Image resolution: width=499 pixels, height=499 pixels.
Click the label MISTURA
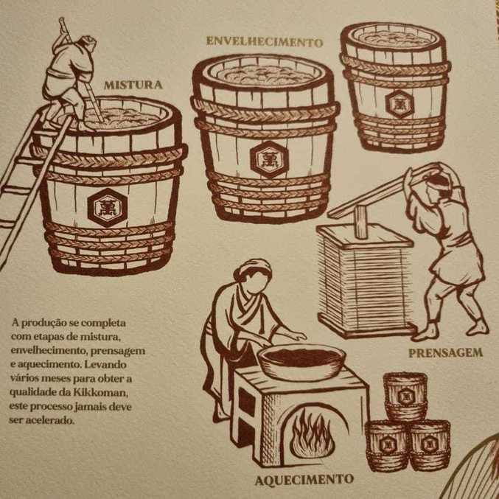coord(132,85)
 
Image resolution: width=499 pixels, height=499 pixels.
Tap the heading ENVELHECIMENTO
coord(264,42)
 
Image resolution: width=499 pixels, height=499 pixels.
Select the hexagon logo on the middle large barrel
coord(265,156)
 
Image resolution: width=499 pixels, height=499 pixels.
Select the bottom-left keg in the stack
coord(386,444)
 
